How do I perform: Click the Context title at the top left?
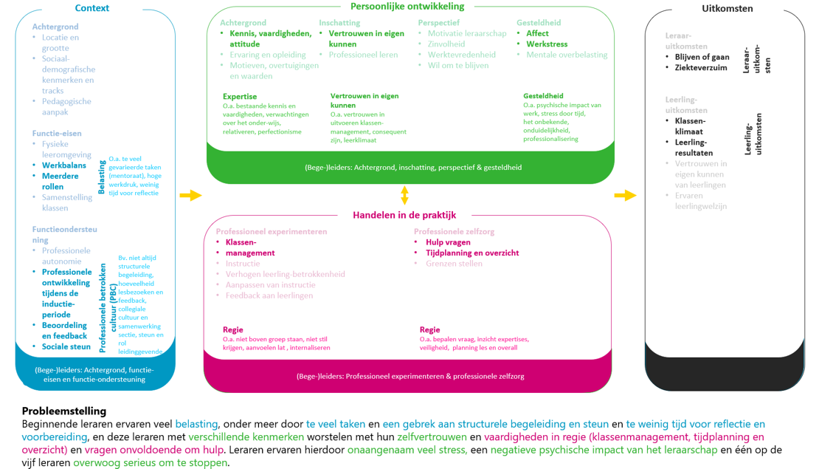click(92, 8)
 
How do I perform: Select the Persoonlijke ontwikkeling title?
click(407, 7)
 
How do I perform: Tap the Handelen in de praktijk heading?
click(404, 215)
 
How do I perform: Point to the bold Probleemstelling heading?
click(64, 411)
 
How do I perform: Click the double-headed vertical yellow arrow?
click(404, 195)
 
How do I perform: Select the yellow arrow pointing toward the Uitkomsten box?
click(625, 195)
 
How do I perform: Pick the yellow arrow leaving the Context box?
click(190, 195)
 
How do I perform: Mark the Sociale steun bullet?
click(66, 346)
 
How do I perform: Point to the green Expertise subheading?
click(240, 96)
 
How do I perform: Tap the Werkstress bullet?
click(547, 44)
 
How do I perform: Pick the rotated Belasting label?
click(102, 178)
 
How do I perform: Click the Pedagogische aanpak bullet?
click(66, 106)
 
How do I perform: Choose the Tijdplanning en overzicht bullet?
click(472, 253)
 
